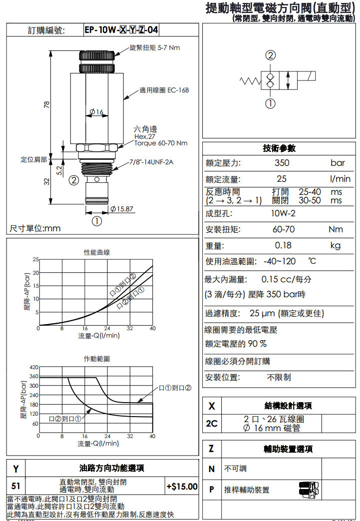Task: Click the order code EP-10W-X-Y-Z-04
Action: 121,30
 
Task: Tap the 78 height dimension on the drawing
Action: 46,104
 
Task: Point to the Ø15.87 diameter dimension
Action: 122,208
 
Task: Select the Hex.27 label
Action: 145,136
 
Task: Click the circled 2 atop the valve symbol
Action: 271,55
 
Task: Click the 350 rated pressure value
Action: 282,163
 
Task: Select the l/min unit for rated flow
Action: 340,179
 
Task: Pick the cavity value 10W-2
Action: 283,213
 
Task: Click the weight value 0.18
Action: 283,245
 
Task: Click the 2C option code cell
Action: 212,424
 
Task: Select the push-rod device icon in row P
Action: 309,490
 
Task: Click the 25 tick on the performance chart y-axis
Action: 35,259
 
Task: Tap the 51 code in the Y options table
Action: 16,486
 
